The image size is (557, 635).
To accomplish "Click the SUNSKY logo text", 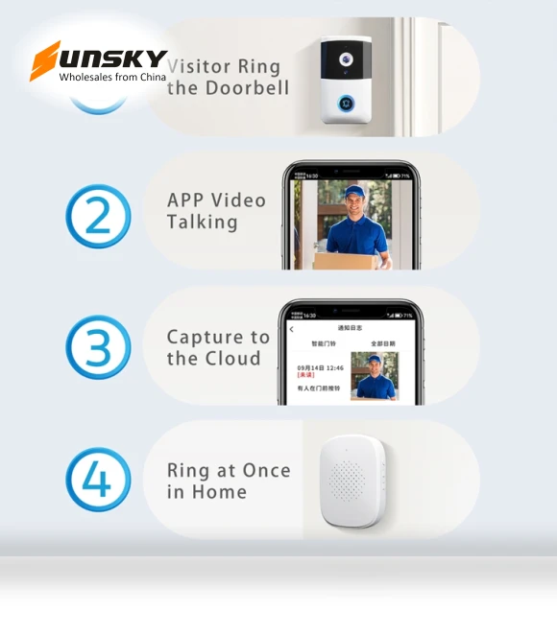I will [99, 59].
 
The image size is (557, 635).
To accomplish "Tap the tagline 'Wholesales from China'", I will [112, 77].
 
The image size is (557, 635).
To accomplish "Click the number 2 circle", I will [98, 217].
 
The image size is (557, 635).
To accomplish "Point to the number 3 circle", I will [98, 347].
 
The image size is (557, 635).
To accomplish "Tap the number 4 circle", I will [98, 479].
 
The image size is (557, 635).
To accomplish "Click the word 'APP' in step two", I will [185, 200].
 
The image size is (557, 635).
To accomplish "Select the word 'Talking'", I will [202, 223].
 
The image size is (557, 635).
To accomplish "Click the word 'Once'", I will [265, 470].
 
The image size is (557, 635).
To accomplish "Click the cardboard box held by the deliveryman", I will [342, 260].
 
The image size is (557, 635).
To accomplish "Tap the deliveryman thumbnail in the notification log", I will [374, 375].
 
